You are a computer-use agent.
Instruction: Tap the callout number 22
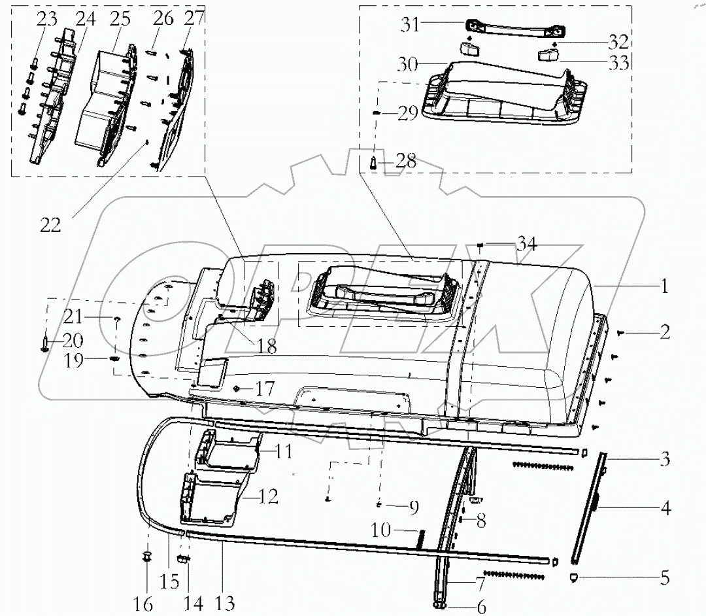click(x=50, y=226)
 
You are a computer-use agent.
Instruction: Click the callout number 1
click(x=665, y=285)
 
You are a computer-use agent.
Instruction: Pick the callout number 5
click(x=664, y=577)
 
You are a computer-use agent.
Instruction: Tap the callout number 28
click(x=406, y=161)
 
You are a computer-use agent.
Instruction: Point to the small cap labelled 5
click(x=573, y=576)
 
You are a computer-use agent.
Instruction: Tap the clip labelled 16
click(x=146, y=557)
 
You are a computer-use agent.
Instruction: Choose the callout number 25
click(x=120, y=18)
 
